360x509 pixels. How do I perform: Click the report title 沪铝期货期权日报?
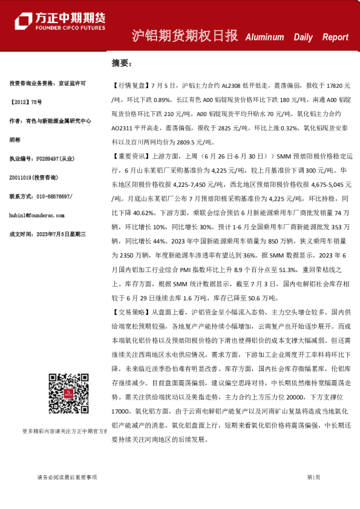click(185, 36)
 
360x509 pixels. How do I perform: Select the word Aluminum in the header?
click(264, 37)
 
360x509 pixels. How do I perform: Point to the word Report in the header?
click(335, 37)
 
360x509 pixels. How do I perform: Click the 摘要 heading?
click(120, 62)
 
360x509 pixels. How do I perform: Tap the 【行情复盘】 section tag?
click(128, 86)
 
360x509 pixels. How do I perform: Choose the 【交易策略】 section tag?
click(128, 312)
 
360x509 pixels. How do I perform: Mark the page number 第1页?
click(313, 477)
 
